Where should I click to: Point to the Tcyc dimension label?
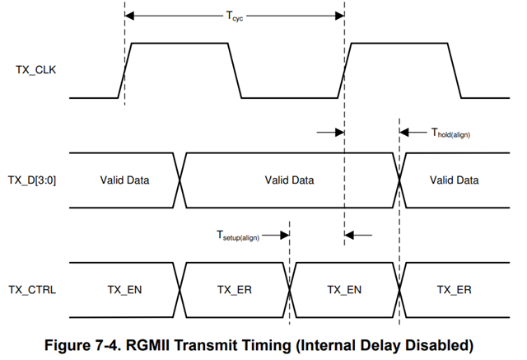coord(235,15)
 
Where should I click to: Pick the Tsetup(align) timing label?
coord(239,236)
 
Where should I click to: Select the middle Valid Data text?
coord(289,180)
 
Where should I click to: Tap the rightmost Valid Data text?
coord(454,180)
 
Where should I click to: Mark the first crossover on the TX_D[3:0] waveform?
coord(180,180)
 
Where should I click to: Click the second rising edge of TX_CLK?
coord(345,71)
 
